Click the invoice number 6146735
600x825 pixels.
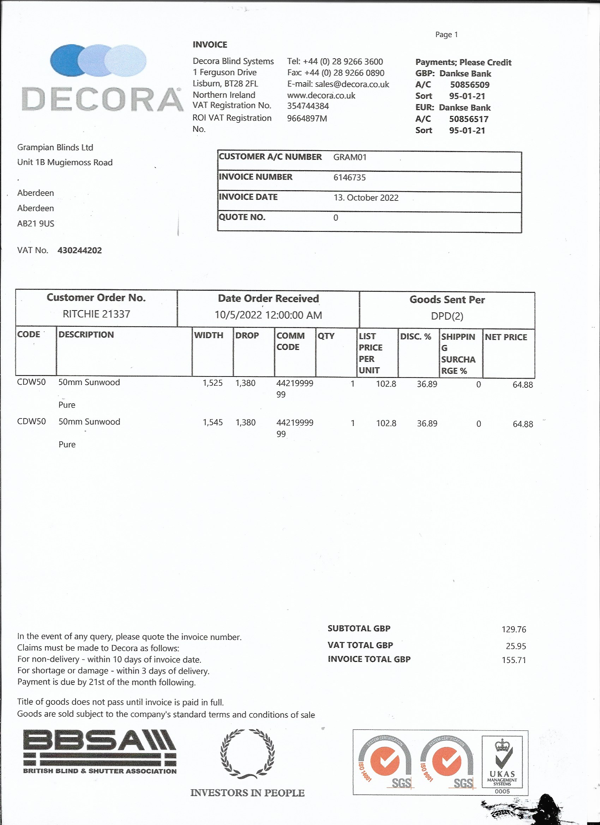[x=349, y=177]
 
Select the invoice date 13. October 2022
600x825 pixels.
[x=366, y=198]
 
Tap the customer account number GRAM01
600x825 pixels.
[x=350, y=157]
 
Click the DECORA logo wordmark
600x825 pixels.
[x=102, y=99]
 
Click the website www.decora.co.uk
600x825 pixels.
[x=321, y=96]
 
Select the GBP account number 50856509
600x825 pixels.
[x=469, y=85]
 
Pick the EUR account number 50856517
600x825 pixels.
[x=468, y=119]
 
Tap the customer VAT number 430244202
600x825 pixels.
[x=80, y=250]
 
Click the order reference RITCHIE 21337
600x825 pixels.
[x=96, y=314]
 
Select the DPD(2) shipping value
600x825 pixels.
[x=447, y=316]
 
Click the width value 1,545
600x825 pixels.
[x=212, y=422]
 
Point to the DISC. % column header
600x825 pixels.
[x=415, y=337]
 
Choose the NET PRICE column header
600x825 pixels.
[x=506, y=337]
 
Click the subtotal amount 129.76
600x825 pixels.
[x=514, y=629]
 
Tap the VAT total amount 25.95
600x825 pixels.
[x=516, y=646]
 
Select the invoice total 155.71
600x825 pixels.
[x=514, y=660]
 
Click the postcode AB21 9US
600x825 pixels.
[x=36, y=223]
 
